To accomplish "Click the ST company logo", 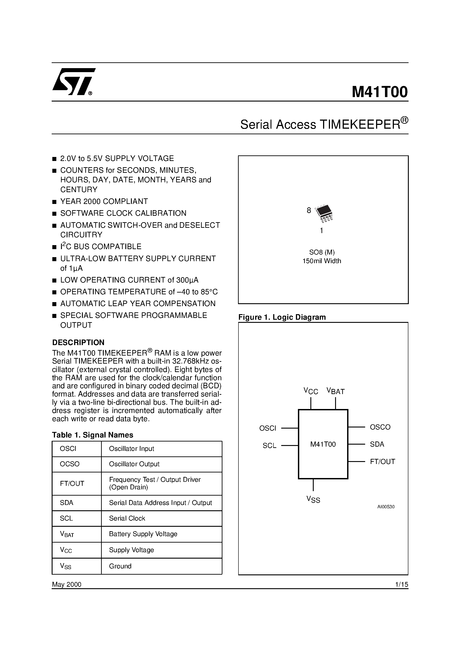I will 73,82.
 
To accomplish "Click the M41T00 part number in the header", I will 379,92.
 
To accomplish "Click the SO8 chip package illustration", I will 324,213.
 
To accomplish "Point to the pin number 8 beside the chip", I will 309,210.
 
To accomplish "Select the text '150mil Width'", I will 322,261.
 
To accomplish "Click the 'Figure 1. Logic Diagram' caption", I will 282,317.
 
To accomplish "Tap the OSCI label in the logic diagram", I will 267,428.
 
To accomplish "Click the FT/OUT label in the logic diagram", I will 382,462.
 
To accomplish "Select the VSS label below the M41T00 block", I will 313,499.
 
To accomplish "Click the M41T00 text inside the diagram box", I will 323,444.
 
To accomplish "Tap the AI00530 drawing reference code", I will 386,507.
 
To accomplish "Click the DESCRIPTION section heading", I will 78,342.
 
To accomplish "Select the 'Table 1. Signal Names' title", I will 92,435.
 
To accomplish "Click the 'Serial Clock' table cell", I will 127,518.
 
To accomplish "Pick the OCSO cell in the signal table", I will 70,464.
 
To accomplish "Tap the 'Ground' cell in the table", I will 120,566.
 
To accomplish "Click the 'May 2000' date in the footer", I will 67,584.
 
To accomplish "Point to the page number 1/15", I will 401,584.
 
